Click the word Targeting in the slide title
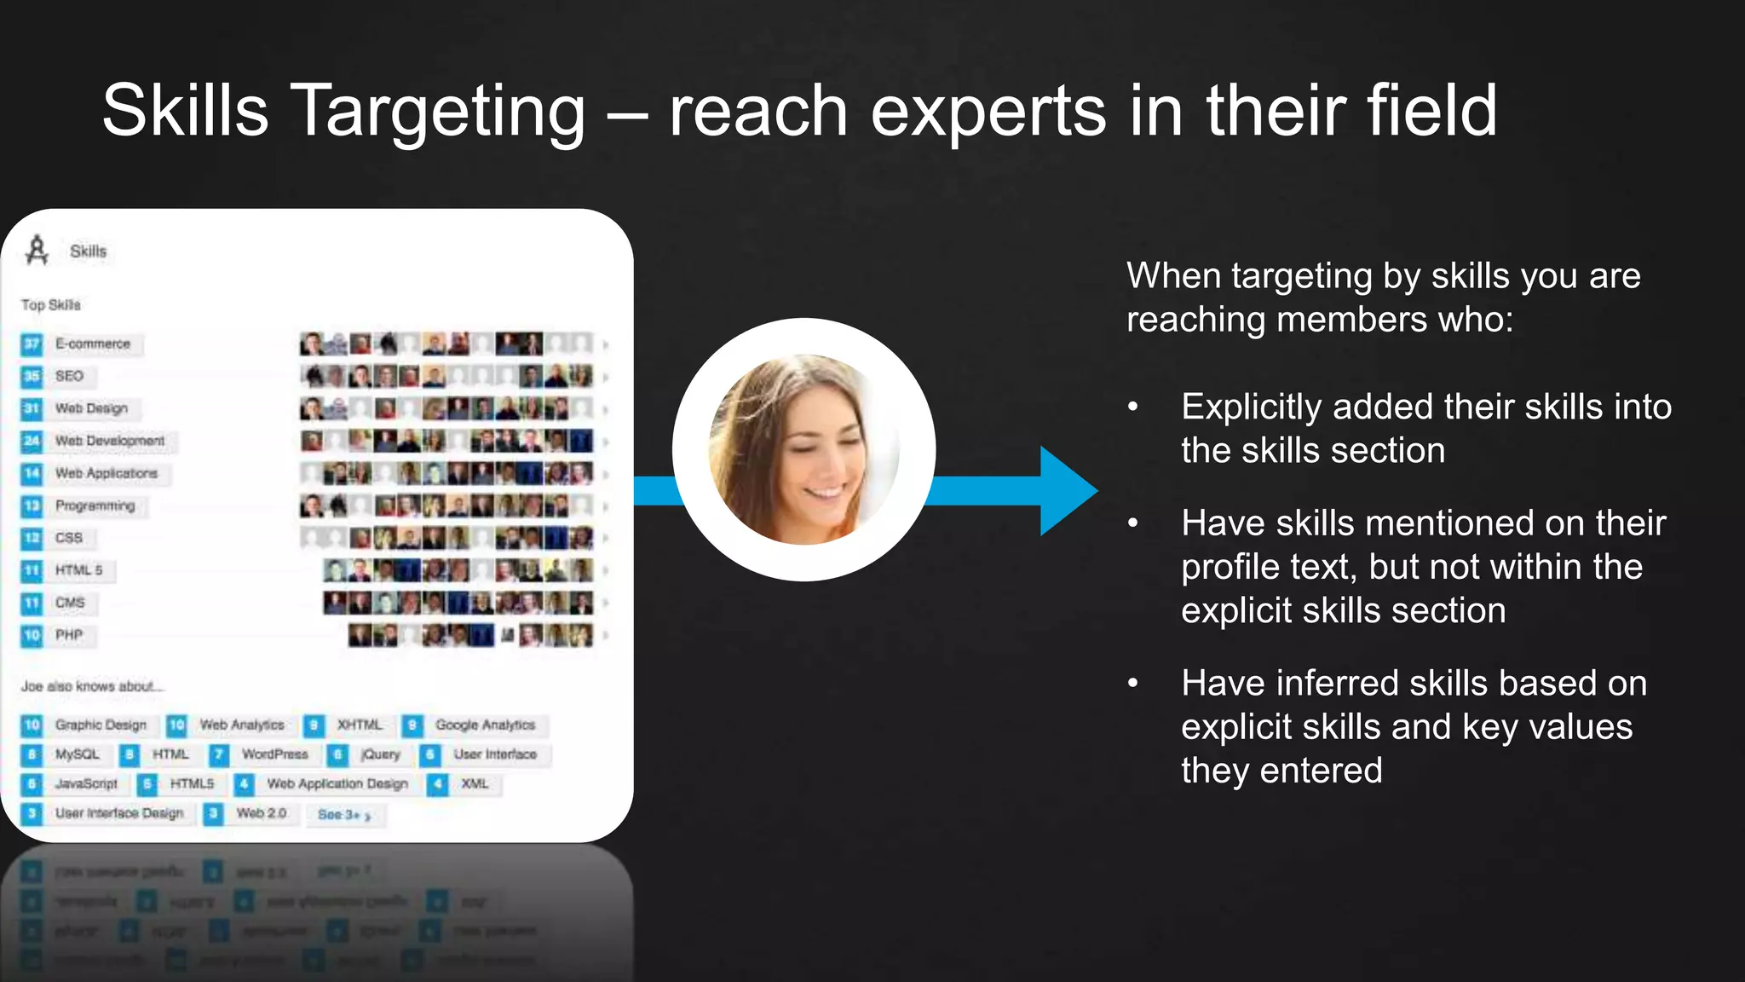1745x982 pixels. [x=438, y=111]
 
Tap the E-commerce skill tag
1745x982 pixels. [x=92, y=344]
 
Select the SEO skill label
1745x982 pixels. [x=69, y=376]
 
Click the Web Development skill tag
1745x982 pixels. [x=109, y=441]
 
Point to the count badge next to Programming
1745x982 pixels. [x=32, y=506]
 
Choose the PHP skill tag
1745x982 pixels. [x=69, y=635]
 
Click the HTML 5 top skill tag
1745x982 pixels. [x=78, y=570]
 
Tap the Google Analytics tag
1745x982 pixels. [x=485, y=725]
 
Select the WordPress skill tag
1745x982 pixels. [x=274, y=754]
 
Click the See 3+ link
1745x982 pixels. [x=343, y=815]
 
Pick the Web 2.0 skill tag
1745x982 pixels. [x=261, y=813]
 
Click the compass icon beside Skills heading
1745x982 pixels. [x=37, y=251]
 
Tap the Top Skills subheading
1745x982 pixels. [x=51, y=305]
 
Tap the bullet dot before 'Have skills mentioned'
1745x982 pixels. [x=1133, y=523]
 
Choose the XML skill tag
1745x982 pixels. [x=475, y=783]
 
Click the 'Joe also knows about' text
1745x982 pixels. [x=92, y=686]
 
